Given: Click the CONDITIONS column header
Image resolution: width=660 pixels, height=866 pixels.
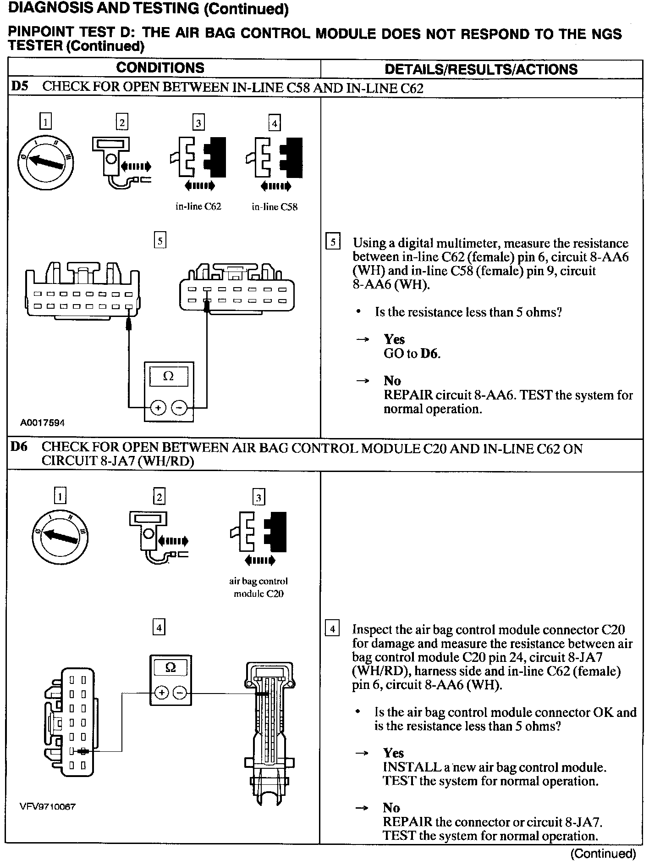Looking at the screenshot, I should [x=160, y=68].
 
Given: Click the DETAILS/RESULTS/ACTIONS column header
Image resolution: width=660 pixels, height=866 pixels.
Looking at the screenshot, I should [x=481, y=69].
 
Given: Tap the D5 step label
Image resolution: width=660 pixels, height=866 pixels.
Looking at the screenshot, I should [x=20, y=87].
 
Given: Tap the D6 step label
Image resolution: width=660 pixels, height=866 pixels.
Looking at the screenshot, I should [x=19, y=447].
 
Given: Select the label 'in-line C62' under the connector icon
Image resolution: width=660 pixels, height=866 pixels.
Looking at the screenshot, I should [x=198, y=207].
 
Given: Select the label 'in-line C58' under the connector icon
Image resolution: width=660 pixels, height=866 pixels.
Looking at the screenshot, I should [x=275, y=207].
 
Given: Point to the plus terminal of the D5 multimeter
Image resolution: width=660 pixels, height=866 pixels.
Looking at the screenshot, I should [x=158, y=407].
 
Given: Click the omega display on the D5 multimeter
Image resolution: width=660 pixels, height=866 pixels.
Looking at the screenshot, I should [x=168, y=377].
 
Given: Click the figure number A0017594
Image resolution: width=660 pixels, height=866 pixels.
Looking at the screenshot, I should [x=42, y=422].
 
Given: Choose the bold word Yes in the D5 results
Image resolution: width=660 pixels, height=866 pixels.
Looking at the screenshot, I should [x=394, y=339].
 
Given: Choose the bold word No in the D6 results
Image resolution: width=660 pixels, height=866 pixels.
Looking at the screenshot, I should [x=391, y=808].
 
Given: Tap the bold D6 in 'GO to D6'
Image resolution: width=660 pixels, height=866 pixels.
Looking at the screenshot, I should [x=429, y=354].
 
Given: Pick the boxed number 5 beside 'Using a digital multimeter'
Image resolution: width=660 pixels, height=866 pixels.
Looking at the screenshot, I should [x=333, y=242].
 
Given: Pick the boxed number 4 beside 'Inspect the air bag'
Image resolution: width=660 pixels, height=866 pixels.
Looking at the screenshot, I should [x=332, y=628].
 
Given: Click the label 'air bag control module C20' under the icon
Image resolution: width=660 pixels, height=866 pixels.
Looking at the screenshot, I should [x=258, y=587].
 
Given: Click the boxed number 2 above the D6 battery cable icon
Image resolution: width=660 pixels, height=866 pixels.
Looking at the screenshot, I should [x=159, y=497].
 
